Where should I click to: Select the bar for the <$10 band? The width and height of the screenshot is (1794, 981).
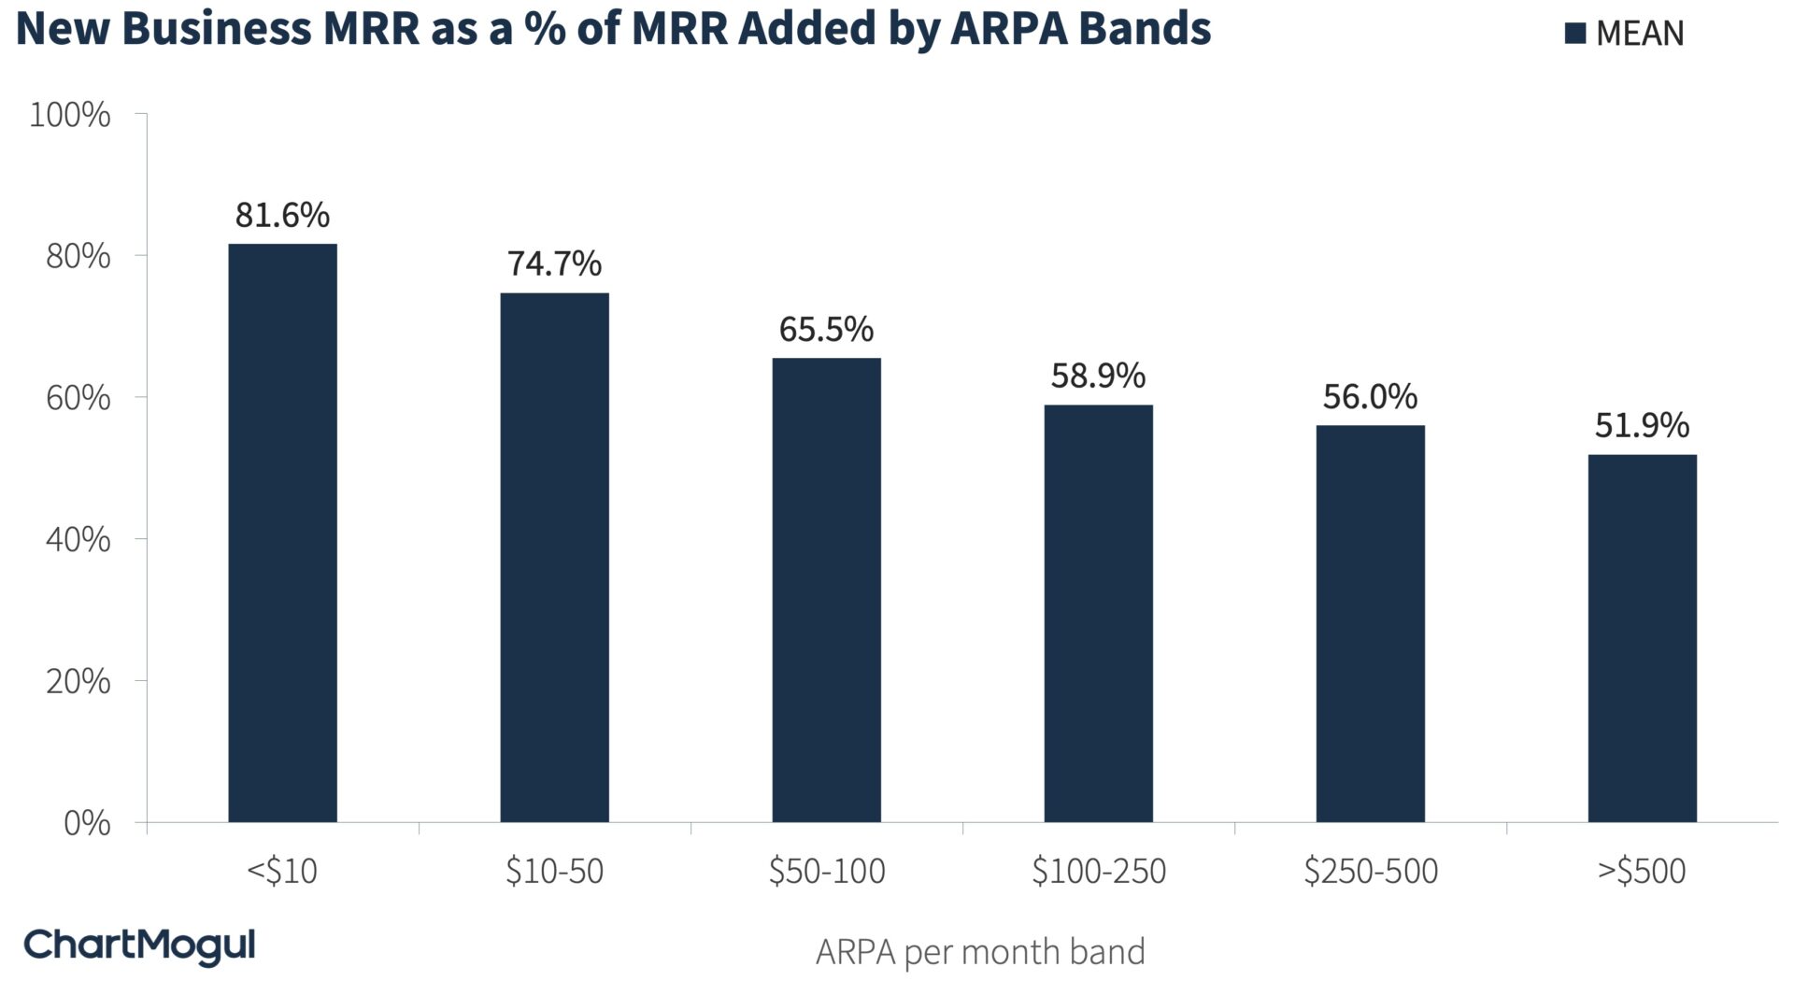coord(282,533)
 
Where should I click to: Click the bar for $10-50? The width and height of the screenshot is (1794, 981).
coord(554,558)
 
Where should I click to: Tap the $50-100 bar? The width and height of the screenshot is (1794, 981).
coord(826,590)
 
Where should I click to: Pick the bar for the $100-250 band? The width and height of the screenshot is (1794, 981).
coord(1098,613)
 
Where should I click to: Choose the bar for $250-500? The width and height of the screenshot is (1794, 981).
coord(1370,623)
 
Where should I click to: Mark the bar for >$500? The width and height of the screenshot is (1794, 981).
coord(1642,638)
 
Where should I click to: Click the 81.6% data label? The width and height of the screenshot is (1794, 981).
coord(282,216)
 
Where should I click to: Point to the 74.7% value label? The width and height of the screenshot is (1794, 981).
coord(554,264)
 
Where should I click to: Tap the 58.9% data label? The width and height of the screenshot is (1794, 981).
coord(1098,376)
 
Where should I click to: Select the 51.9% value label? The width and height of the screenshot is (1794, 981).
coord(1642,426)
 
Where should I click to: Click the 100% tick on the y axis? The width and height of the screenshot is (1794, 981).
coord(70,116)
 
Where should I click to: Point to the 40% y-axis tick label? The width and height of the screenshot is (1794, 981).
coord(78,540)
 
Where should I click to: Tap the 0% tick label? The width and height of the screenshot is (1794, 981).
coord(87,824)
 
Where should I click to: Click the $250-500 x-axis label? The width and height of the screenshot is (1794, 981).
coord(1370,872)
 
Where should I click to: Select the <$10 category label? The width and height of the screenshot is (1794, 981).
coord(282,872)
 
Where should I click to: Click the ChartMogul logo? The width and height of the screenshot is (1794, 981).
coord(139,945)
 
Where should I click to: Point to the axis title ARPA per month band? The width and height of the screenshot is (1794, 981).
coord(980,952)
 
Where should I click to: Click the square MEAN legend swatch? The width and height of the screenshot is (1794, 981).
coord(1575,34)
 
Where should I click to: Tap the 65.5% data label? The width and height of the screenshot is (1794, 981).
coord(826,330)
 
